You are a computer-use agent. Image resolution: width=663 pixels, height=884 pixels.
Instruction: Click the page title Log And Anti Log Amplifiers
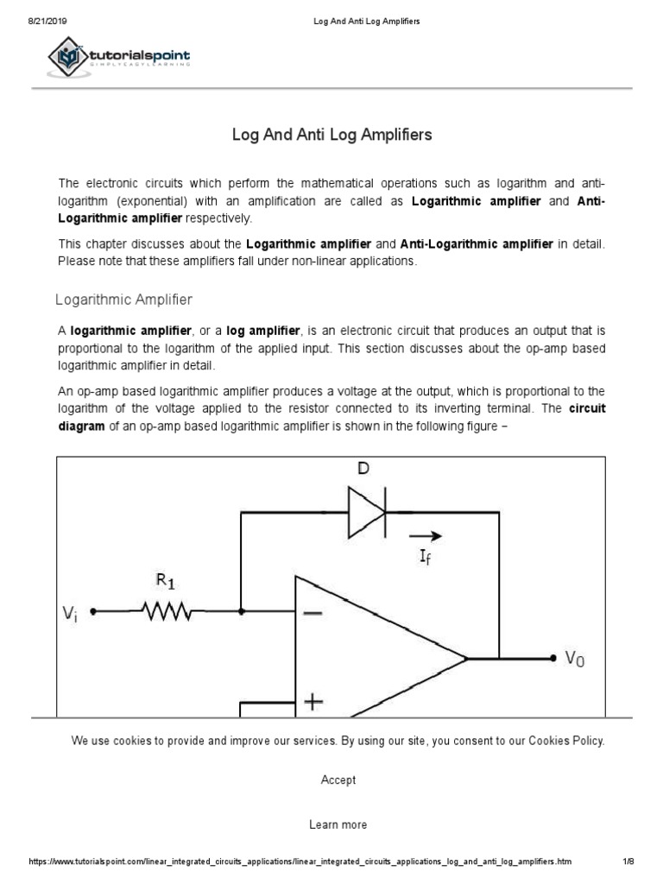[332, 136]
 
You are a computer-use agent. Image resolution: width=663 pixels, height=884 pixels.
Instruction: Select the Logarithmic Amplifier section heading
[123, 300]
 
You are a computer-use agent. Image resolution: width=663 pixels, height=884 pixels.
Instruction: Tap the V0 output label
[575, 659]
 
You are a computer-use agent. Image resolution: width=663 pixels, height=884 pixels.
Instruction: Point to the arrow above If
[429, 534]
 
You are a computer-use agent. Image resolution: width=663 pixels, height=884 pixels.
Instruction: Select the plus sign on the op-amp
[313, 703]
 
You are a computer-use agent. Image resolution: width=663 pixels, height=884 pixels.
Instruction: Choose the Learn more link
[338, 824]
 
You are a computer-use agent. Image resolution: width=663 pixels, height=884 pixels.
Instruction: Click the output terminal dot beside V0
[552, 658]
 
